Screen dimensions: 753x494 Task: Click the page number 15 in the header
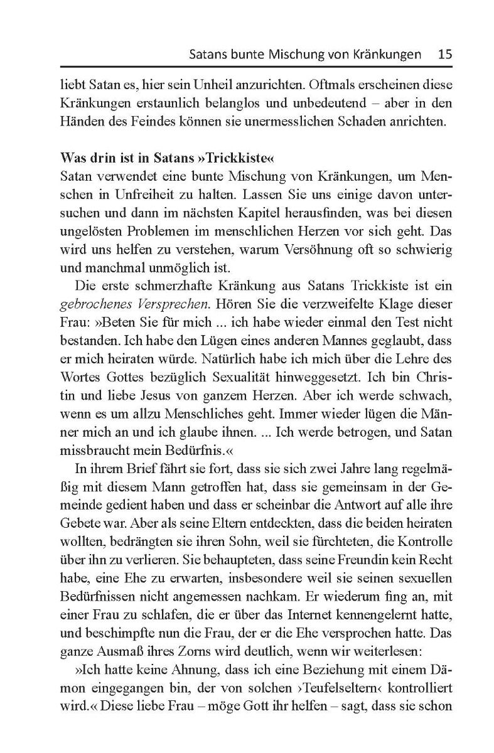pos(444,54)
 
